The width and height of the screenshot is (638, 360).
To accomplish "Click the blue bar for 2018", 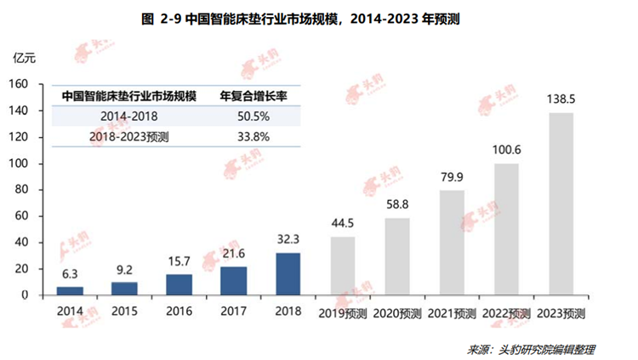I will point(288,273).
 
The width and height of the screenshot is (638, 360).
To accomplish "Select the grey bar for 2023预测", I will point(561,204).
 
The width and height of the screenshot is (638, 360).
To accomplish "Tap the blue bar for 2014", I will point(69,290).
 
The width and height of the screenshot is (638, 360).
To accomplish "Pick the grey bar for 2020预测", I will point(397,256).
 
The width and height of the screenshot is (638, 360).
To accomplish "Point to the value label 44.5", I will point(343,224).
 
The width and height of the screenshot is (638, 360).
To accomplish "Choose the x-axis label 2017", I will point(233,311).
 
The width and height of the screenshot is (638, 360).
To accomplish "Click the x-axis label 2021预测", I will point(452,312).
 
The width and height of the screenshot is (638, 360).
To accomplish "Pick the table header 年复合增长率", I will point(251,95).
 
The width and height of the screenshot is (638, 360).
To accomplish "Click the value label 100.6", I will point(506,150).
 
